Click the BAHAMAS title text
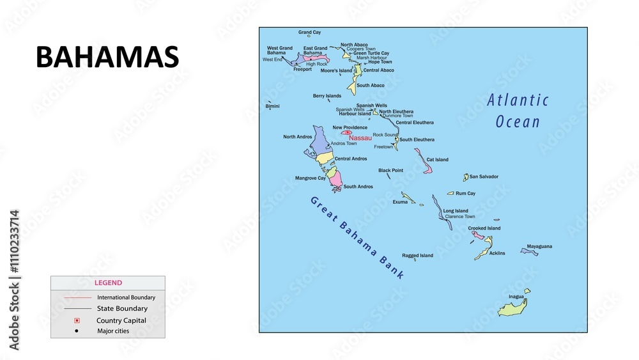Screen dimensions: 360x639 pyautogui.click(x=107, y=58)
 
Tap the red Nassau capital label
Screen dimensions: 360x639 pyautogui.click(x=360, y=138)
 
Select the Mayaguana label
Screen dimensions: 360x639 pyautogui.click(x=539, y=246)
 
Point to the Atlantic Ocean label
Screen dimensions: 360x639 pyautogui.click(x=518, y=111)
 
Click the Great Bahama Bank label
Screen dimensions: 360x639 pyautogui.click(x=357, y=237)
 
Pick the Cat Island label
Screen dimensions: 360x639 pyautogui.click(x=438, y=160)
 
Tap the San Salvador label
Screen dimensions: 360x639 pyautogui.click(x=484, y=176)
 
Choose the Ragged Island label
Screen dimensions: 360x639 pyautogui.click(x=417, y=256)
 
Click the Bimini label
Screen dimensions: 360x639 pyautogui.click(x=272, y=106)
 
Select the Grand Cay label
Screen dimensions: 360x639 pyautogui.click(x=310, y=32)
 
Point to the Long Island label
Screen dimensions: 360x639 pyautogui.click(x=456, y=211)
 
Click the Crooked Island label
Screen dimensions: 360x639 pyautogui.click(x=484, y=228)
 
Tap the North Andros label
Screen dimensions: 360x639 pyautogui.click(x=298, y=137)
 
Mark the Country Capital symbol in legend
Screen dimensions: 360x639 pyautogui.click(x=77, y=320)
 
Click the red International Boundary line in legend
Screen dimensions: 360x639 pyautogui.click(x=77, y=297)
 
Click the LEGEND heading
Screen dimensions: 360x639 pyautogui.click(x=108, y=283)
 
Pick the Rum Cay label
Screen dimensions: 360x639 pyautogui.click(x=465, y=194)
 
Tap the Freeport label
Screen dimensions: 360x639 pyautogui.click(x=302, y=69)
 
